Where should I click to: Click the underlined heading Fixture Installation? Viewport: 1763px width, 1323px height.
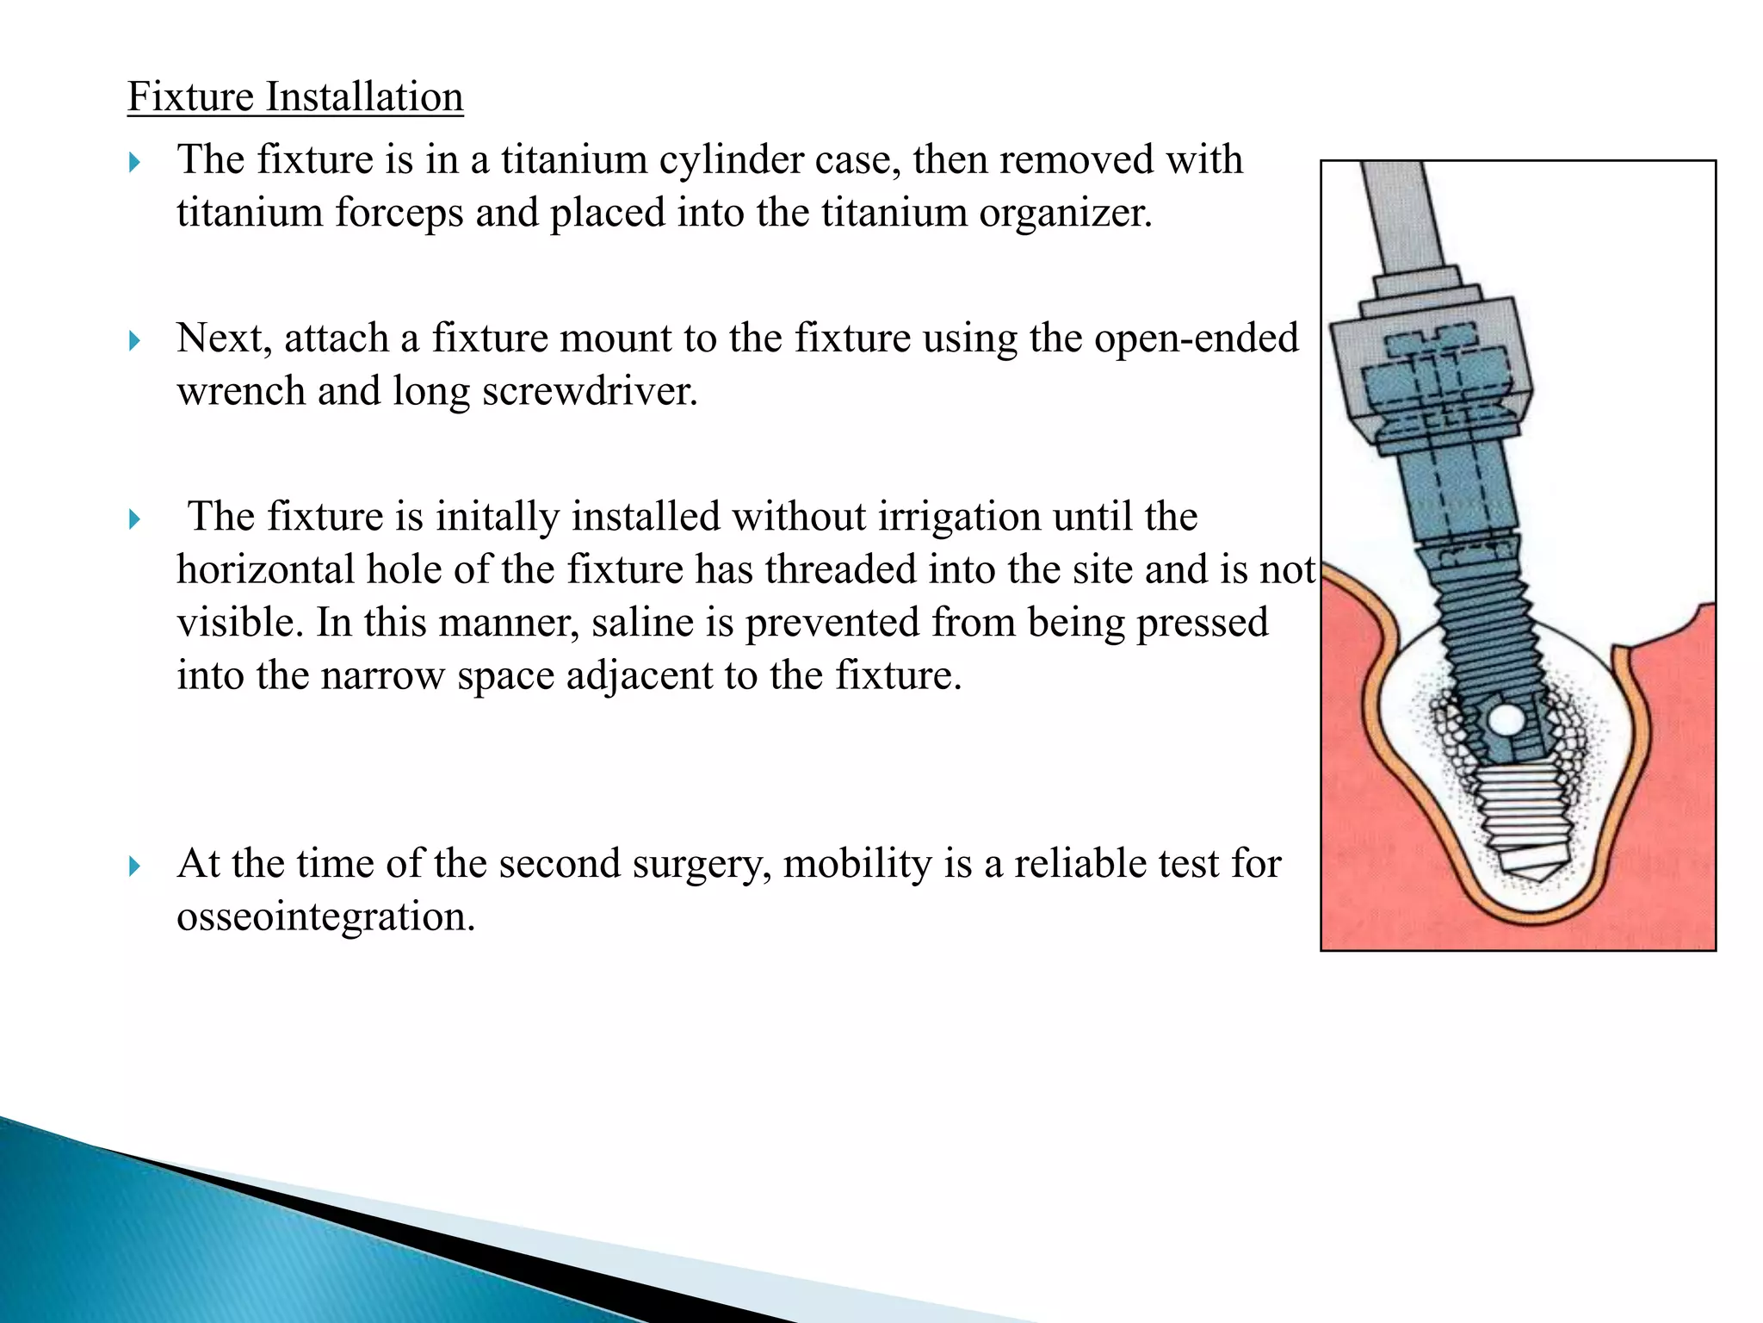click(295, 96)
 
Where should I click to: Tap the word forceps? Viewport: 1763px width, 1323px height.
click(399, 213)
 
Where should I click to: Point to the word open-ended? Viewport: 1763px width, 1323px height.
click(1196, 338)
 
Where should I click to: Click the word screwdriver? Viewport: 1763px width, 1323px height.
click(590, 392)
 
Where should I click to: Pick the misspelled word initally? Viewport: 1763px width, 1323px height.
click(497, 517)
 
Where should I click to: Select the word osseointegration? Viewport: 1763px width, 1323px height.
click(325, 916)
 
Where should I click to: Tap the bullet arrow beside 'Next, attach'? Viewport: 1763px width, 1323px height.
click(134, 340)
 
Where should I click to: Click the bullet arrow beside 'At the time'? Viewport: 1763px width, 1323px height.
click(134, 866)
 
